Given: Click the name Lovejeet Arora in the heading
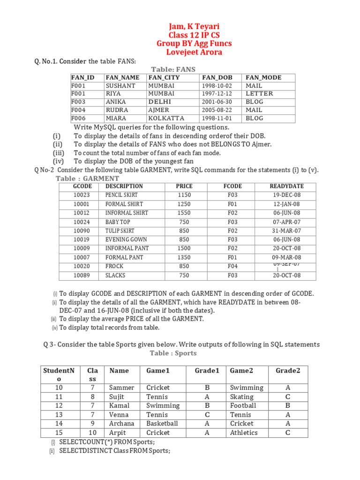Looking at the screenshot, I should click(x=194, y=52).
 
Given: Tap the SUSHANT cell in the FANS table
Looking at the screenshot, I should click(x=120, y=86).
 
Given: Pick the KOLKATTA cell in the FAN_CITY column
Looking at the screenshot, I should click(x=166, y=119).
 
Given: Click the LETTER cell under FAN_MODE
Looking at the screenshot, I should click(x=259, y=94).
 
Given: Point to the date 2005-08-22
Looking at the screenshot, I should click(x=217, y=110).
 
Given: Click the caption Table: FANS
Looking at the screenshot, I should click(x=173, y=69).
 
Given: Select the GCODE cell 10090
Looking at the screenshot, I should click(x=82, y=231).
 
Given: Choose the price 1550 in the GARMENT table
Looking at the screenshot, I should click(x=184, y=213).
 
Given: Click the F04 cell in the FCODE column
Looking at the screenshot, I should click(x=232, y=266).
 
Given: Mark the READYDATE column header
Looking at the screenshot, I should click(x=286, y=186).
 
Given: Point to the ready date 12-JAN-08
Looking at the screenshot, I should click(x=286, y=204).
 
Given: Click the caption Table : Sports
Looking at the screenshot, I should click(x=173, y=353).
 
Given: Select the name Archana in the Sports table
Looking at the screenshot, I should click(x=121, y=424).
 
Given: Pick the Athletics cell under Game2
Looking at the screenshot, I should click(x=243, y=433).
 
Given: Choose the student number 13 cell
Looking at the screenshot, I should click(x=59, y=415).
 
